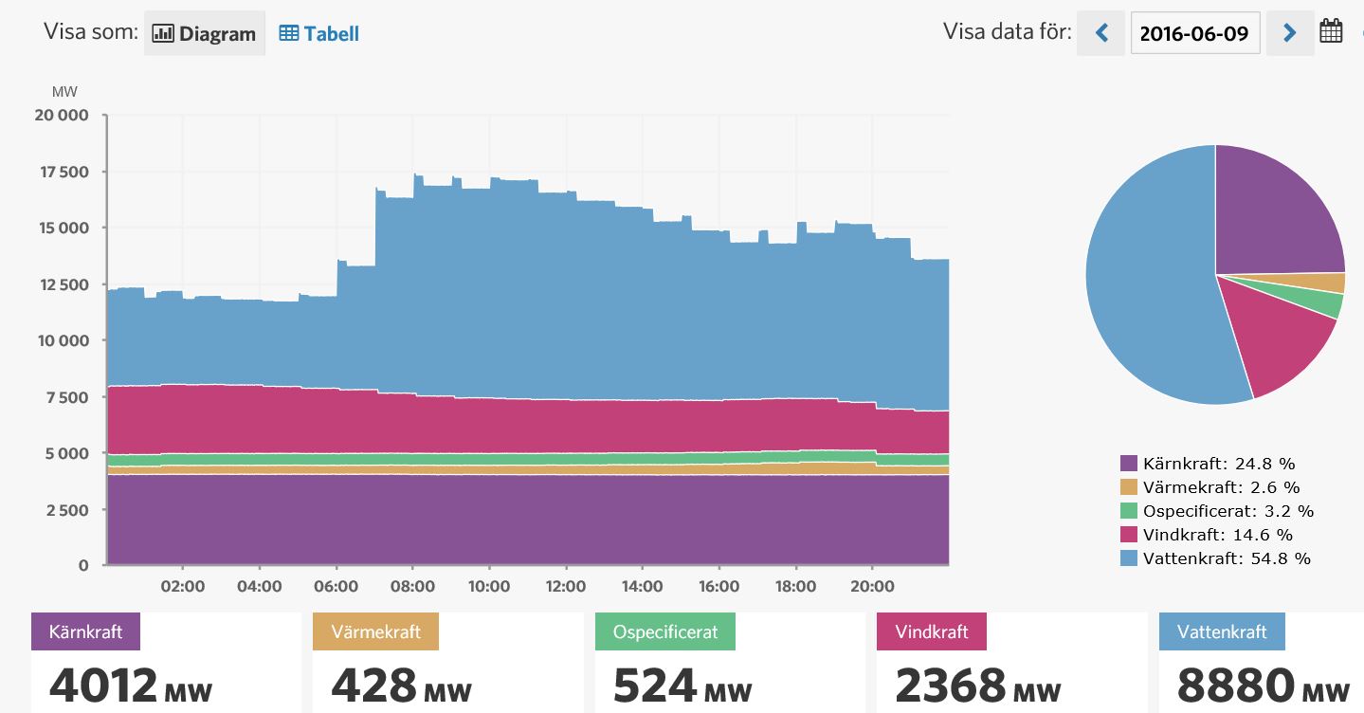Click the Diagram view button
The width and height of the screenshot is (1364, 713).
tap(205, 33)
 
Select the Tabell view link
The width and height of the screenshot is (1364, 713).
tap(319, 33)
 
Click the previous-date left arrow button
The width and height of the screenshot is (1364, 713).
tap(1101, 33)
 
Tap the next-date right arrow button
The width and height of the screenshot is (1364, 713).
tap(1289, 33)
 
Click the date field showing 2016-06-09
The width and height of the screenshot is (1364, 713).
tap(1194, 33)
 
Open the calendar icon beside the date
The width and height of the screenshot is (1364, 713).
tap(1331, 32)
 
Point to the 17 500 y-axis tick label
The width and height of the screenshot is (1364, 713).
tap(62, 172)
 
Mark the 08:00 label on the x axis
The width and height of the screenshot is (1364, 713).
tap(412, 586)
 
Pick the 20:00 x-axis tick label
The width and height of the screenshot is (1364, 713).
tap(872, 586)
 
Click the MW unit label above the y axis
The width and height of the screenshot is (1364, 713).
tap(64, 92)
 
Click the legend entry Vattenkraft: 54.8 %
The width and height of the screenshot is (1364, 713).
tap(1215, 558)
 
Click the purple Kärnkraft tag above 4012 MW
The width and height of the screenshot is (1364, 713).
tap(85, 631)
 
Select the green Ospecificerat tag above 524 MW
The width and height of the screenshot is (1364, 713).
tap(664, 631)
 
